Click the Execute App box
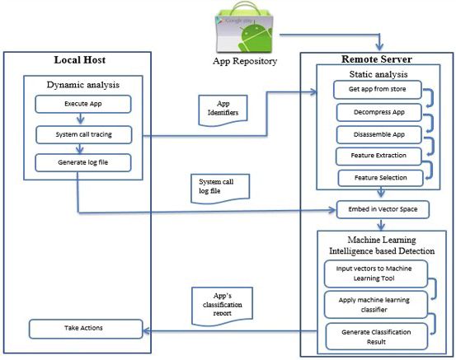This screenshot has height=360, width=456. (x=83, y=104)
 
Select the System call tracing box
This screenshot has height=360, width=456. (x=84, y=134)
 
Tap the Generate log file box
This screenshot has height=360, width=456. (x=83, y=163)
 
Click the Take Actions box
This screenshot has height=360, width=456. (x=86, y=329)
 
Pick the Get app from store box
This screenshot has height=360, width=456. (x=378, y=90)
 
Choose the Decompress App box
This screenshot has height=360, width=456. (x=379, y=112)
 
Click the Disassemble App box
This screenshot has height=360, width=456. (x=379, y=134)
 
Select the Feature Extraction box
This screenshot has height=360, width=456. (x=378, y=156)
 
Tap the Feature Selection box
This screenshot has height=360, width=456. (x=380, y=178)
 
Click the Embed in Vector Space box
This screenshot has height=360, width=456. (x=383, y=209)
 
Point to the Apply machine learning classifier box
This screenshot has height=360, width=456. (x=376, y=305)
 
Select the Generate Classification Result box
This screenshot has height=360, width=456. (x=377, y=336)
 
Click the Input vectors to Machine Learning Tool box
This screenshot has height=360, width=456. (x=376, y=274)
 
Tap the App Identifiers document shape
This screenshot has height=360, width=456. (x=223, y=110)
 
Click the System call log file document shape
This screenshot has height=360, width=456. (x=220, y=189)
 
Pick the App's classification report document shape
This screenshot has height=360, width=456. (x=222, y=306)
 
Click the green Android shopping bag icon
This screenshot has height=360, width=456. (x=244, y=28)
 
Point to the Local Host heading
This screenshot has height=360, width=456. (x=80, y=60)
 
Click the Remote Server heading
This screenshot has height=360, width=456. (x=377, y=59)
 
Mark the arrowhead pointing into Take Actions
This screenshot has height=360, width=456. (x=146, y=330)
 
